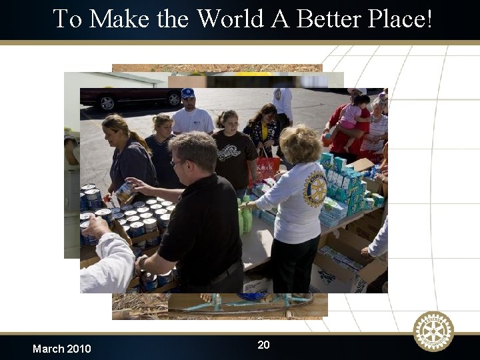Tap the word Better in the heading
[329, 19]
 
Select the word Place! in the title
[400, 19]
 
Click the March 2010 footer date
[61, 349]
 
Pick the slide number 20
[263, 345]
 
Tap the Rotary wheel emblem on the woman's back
[314, 189]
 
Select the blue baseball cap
[188, 93]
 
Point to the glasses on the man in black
[177, 163]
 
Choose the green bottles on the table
[245, 217]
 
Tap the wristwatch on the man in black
[141, 262]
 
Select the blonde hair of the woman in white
[300, 143]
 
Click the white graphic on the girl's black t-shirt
[231, 152]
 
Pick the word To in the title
[67, 19]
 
